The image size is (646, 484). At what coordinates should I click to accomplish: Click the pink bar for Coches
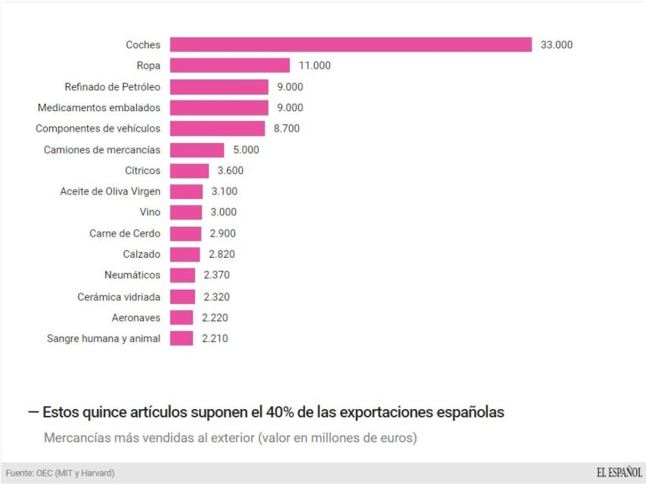[x=350, y=45]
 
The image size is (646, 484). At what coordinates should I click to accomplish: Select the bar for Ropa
[x=229, y=66]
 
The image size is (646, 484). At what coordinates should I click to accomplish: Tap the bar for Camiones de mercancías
[x=197, y=150]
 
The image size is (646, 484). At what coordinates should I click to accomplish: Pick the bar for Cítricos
[x=189, y=171]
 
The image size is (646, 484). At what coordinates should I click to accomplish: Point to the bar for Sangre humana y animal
[x=182, y=339]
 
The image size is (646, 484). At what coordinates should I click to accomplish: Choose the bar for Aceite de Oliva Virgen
[x=186, y=192]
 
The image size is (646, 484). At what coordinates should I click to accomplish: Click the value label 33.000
[x=556, y=45]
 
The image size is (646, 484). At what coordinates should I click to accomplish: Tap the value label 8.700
[x=287, y=129]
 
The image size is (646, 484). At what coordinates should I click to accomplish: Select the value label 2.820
[x=221, y=255]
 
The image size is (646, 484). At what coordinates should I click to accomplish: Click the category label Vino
[x=150, y=213]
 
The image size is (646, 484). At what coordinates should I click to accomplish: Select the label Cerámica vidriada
[x=119, y=296]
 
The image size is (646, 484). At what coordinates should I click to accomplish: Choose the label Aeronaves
[x=136, y=318]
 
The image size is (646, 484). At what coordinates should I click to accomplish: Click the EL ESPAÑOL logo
[x=619, y=473]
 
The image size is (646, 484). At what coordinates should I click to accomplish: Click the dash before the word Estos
[x=33, y=413]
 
